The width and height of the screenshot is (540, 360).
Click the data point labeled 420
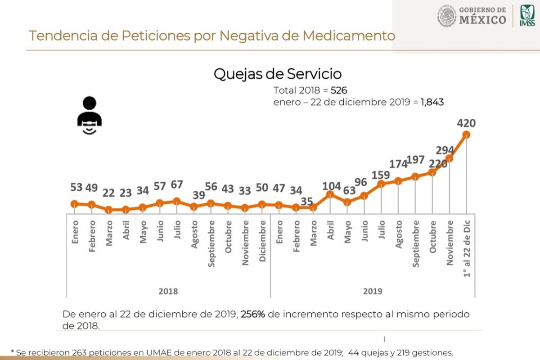click(466, 135)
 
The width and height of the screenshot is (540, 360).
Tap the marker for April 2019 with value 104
click(330, 194)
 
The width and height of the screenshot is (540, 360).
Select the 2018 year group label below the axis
click(168, 291)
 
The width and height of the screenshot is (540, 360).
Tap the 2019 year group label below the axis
click(373, 291)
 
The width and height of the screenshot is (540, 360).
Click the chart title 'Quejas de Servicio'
click(277, 74)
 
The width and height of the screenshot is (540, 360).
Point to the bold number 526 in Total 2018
click(338, 90)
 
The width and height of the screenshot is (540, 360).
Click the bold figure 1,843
click(432, 102)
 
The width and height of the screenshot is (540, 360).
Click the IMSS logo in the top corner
click(527, 16)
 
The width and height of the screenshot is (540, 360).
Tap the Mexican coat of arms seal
click(446, 16)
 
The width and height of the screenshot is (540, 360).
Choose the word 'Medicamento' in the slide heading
click(349, 36)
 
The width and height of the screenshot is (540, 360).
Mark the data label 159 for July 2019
click(381, 175)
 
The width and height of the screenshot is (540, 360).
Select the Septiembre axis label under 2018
click(211, 243)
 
